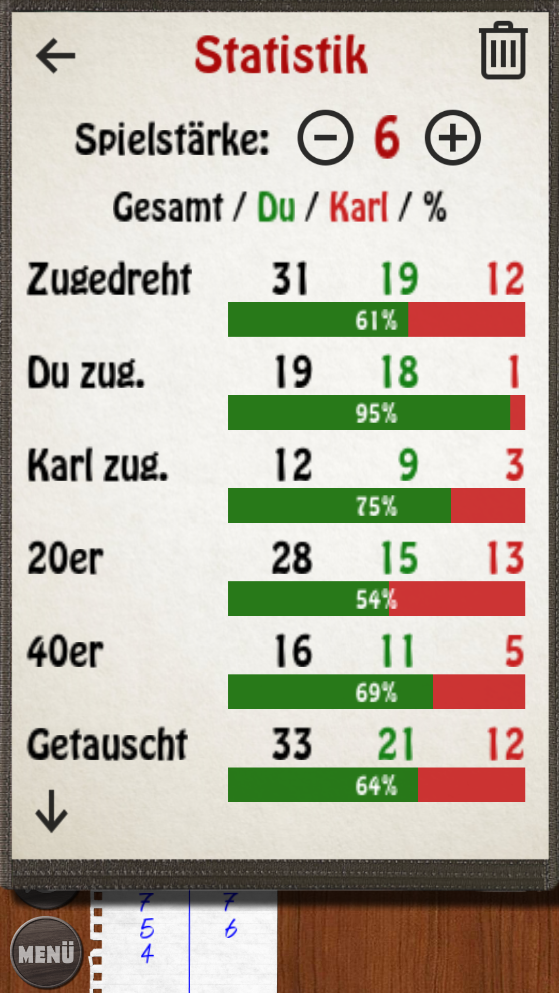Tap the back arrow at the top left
click(55, 56)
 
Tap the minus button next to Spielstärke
click(325, 138)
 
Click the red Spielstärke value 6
click(387, 138)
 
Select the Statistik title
click(281, 55)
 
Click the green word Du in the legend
click(276, 207)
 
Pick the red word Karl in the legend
click(359, 207)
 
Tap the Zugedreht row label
click(109, 279)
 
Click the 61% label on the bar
click(376, 320)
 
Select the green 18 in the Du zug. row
click(399, 372)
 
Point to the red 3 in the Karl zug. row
click(514, 465)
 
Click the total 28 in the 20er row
click(292, 558)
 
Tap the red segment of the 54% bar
click(461, 599)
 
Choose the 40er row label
click(65, 651)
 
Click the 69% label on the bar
click(376, 693)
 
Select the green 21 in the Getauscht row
click(396, 744)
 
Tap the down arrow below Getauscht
click(51, 811)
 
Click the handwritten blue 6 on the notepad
click(231, 929)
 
